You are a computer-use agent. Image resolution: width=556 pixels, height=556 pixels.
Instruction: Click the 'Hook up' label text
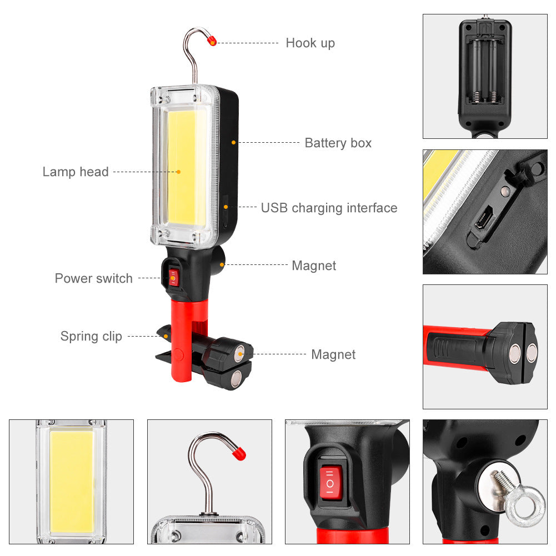coord(310,43)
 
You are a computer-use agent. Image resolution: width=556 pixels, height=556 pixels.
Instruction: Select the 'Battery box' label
coord(338,143)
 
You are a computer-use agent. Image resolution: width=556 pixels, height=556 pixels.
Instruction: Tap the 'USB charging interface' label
coord(329,208)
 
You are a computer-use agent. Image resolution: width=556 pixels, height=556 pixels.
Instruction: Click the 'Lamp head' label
coord(76,172)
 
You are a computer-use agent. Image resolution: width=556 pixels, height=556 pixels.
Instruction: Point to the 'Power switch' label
coord(93,278)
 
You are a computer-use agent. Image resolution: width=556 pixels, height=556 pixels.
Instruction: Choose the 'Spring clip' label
coord(91,336)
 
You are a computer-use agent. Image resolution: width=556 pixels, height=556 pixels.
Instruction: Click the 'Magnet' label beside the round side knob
coord(314,266)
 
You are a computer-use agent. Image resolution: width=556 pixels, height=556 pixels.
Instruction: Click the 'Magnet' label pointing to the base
coord(333,354)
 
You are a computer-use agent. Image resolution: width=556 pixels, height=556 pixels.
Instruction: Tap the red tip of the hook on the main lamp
coord(212,41)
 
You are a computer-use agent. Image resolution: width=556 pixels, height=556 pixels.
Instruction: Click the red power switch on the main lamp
coord(174,277)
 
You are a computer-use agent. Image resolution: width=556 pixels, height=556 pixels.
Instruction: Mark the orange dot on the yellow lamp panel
coord(179,172)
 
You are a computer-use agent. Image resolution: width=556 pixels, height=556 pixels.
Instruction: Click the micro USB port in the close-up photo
coord(482,218)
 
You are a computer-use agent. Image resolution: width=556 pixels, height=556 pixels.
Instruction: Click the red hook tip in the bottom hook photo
coord(239,453)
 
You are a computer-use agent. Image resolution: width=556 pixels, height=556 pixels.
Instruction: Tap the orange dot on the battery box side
coord(234,143)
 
